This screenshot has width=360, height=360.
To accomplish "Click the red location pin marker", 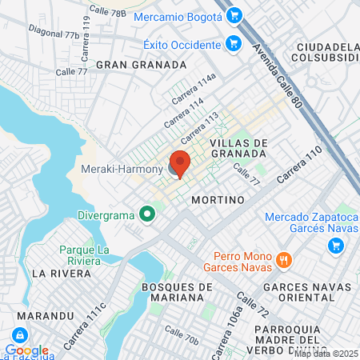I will [x=180, y=162].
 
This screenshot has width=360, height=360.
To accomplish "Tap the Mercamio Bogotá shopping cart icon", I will [x=234, y=15].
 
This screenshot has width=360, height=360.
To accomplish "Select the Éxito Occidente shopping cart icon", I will [x=234, y=43].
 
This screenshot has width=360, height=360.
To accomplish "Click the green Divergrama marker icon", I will [x=146, y=214].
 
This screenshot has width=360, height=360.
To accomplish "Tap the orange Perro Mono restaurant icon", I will [x=283, y=259].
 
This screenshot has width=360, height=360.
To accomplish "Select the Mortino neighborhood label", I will [x=218, y=200].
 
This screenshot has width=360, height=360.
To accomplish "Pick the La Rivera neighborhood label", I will [x=58, y=273].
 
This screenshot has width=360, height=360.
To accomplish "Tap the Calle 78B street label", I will [x=107, y=11].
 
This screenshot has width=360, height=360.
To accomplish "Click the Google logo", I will [x=27, y=350].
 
